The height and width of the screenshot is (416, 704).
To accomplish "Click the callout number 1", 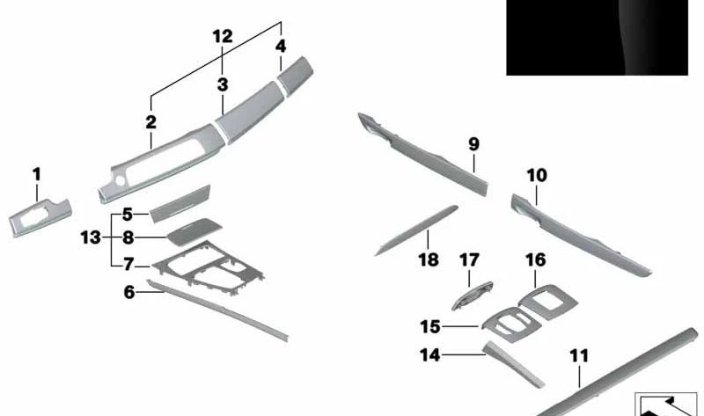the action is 37,174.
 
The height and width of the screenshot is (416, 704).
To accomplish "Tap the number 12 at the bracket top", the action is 223,36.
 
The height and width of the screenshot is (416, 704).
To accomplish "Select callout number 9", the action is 473,144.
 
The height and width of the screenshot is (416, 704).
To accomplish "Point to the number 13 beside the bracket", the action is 91,237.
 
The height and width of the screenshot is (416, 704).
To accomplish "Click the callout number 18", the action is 429,259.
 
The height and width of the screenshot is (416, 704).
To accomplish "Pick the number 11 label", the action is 579,356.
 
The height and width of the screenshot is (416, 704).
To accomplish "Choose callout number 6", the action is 129,293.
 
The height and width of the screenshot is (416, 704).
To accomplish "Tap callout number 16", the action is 536,259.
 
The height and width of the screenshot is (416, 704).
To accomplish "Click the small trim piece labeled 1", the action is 40,217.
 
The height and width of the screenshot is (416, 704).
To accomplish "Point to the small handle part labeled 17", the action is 472,296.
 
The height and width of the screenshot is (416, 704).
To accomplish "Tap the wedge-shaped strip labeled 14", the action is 513,364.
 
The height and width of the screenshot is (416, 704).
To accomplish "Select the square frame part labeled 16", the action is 548,302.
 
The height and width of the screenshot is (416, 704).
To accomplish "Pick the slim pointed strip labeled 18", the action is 416,230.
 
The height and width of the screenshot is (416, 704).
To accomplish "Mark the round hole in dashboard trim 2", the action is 121,180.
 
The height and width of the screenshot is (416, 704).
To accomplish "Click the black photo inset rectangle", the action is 598,37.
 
